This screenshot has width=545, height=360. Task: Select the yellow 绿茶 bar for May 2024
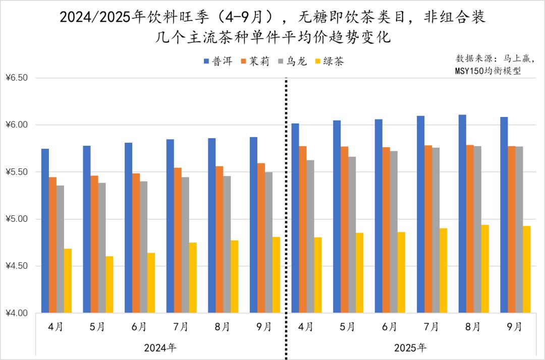point(110,284)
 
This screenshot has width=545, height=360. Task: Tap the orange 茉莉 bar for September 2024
point(261,237)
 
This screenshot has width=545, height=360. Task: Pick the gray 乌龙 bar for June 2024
point(144,247)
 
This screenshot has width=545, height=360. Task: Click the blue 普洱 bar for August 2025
point(462,214)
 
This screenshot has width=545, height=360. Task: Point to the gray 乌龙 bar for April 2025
point(310,236)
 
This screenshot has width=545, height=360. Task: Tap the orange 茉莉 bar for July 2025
point(428,229)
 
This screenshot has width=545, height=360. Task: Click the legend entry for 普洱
point(218,62)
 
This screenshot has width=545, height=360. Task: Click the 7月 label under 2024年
point(181,327)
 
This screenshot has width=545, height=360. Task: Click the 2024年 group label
point(160,347)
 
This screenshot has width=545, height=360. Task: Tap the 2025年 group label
point(410,347)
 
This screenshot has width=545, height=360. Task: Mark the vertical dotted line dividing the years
point(286,202)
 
